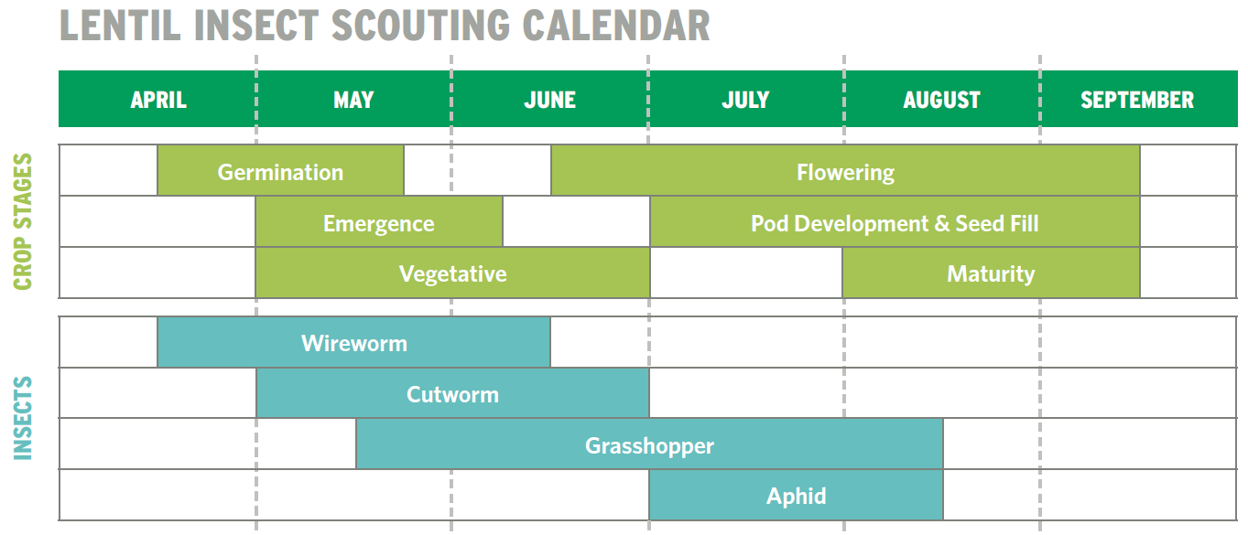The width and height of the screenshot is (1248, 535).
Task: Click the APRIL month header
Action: (x=158, y=100)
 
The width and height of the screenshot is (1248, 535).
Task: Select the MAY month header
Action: (x=353, y=100)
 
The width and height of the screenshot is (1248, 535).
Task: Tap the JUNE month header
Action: (x=549, y=100)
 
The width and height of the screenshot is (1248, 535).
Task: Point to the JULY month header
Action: (x=745, y=100)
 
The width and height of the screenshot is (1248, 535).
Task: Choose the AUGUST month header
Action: (x=941, y=100)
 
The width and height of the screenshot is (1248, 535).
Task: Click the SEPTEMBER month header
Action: (x=1137, y=100)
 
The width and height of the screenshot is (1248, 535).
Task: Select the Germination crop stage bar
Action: (x=280, y=172)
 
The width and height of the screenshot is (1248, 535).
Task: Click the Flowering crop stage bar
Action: (x=845, y=172)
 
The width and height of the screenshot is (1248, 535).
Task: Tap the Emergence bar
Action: (x=378, y=223)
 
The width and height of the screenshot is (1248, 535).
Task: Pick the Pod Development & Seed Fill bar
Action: (x=895, y=223)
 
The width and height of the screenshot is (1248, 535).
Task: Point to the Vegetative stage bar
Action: (x=452, y=273)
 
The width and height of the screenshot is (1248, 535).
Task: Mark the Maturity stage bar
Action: (x=991, y=273)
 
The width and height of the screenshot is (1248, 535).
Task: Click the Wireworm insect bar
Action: (x=353, y=343)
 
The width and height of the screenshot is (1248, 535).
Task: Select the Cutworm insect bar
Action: (x=452, y=394)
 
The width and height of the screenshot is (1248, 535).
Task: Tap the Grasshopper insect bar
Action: (x=649, y=445)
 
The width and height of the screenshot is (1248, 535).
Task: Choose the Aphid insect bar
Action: (x=796, y=496)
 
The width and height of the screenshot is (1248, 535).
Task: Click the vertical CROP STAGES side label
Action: (x=23, y=222)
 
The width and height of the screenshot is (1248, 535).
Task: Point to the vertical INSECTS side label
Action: (x=23, y=418)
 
